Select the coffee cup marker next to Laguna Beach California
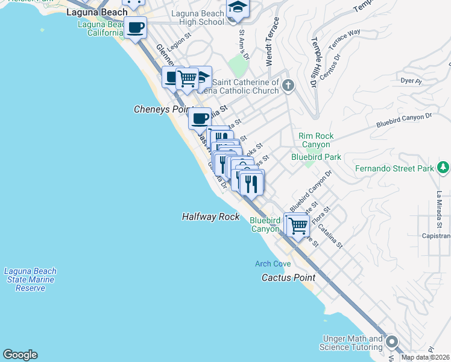tap(136, 27)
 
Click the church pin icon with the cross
tap(288, 85)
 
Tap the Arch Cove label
tap(273, 264)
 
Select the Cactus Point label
tap(288, 278)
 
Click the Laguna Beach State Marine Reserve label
tap(30, 279)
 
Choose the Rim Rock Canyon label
tap(315, 141)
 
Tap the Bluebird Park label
tap(316, 157)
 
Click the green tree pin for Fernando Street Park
tap(444, 167)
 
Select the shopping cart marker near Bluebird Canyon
tap(298, 226)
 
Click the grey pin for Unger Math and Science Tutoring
tap(392, 342)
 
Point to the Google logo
tap(20, 355)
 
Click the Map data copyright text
tap(426, 357)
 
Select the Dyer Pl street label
tap(409, 80)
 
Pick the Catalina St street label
tap(331, 237)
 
